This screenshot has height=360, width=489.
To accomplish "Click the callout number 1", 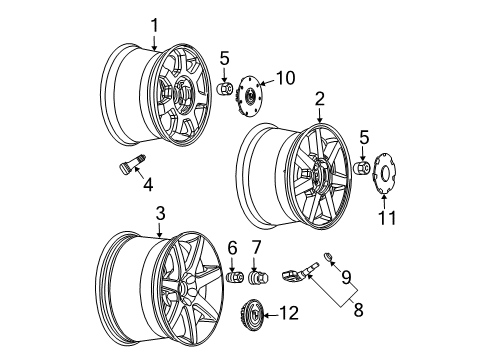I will point(154,25).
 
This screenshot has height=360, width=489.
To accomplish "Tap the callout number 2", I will point(319,100).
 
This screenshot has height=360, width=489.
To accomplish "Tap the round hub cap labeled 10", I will point(252,96).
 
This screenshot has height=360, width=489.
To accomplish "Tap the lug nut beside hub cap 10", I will point(226,91).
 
